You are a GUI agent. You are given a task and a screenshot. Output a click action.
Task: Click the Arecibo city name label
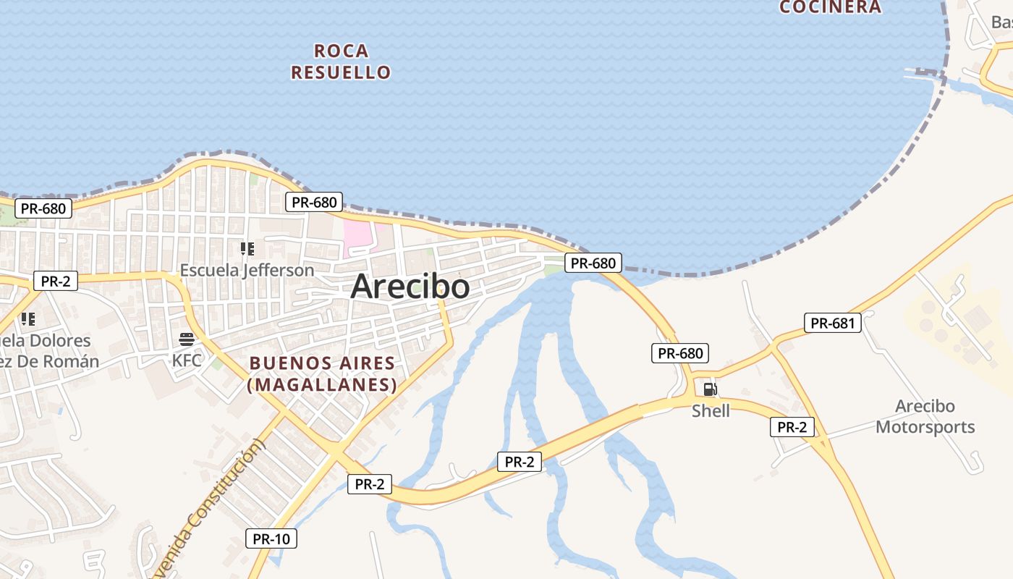tap(410, 287)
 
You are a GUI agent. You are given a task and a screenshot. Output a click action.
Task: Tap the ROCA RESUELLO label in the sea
tap(341, 62)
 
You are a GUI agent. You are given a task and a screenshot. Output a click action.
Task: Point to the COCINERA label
tap(830, 7)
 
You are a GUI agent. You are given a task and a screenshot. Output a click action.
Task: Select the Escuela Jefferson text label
tap(247, 271)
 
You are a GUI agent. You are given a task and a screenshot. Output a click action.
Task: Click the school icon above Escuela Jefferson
tap(247, 249)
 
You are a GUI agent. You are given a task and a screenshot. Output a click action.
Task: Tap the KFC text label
tap(187, 360)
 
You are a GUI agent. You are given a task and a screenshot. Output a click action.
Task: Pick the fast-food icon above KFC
tap(187, 339)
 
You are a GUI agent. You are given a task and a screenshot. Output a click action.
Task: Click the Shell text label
tap(711, 411)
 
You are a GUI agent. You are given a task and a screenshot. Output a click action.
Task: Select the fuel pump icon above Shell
tap(711, 390)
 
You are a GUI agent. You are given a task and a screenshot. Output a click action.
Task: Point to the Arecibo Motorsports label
tap(925, 417)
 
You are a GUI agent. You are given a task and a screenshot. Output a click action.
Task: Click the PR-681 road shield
tap(833, 324)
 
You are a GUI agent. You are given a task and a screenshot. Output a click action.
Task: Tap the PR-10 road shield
tap(271, 538)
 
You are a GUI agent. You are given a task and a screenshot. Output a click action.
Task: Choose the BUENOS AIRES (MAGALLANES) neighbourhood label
tap(322, 374)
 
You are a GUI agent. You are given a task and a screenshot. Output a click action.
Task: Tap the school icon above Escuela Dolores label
tap(27, 318)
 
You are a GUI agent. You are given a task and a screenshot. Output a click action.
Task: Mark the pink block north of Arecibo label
tap(357, 237)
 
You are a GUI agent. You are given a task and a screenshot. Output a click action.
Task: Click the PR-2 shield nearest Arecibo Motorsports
tap(792, 427)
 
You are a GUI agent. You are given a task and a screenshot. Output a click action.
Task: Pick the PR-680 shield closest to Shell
tap(679, 353)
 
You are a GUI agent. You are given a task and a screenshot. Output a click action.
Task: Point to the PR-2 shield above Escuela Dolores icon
tap(55, 281)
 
